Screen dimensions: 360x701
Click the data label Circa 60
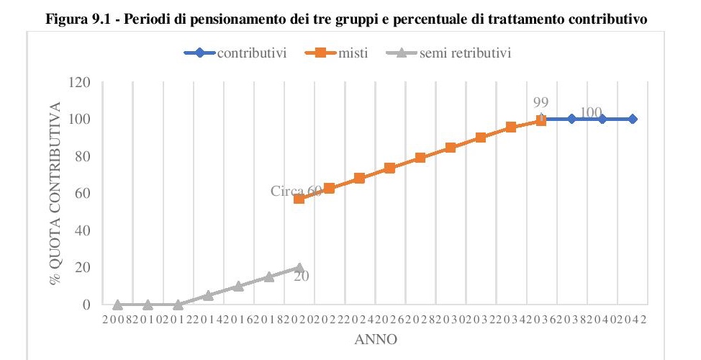tap(296, 191)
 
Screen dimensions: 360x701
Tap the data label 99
tap(541, 103)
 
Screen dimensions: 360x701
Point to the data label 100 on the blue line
tap(590, 112)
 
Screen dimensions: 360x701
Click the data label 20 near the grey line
tap(302, 275)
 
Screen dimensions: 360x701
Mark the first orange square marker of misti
tap(299, 198)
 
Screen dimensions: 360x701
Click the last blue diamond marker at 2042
tap(633, 119)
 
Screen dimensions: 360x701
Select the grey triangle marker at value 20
tap(299, 267)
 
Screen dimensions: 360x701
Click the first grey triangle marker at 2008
tap(117, 305)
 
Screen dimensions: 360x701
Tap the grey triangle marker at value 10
tap(238, 286)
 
